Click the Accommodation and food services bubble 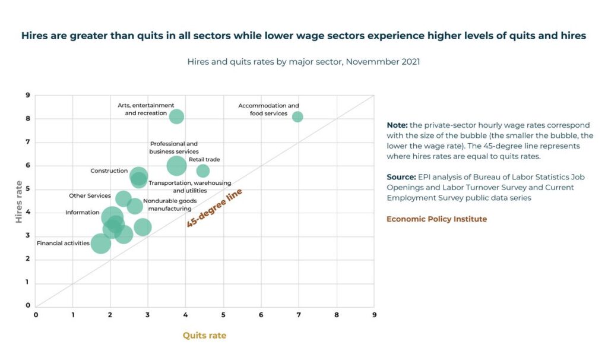click(x=297, y=116)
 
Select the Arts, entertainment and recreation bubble click(x=176, y=116)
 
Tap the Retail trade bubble click(x=203, y=171)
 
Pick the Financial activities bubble click(x=101, y=243)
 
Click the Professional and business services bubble click(x=176, y=166)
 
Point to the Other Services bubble click(x=123, y=198)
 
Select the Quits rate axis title click(x=204, y=336)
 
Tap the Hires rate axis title click(x=19, y=203)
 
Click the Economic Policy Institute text click(x=436, y=219)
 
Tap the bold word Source click(x=401, y=177)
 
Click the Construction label click(x=109, y=171)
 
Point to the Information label click(x=83, y=212)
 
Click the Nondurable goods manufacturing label click(x=169, y=205)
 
